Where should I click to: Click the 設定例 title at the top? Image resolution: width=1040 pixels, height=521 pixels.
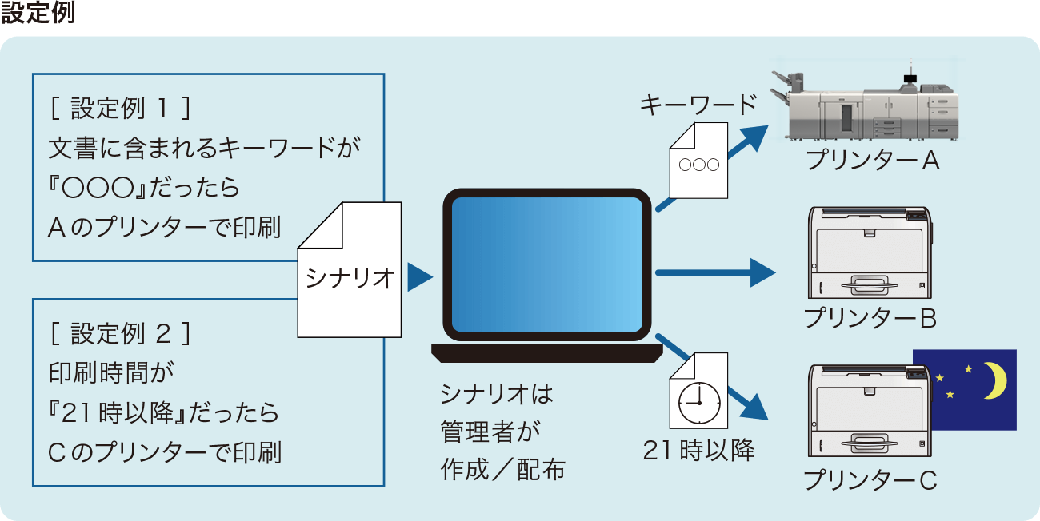[38, 14]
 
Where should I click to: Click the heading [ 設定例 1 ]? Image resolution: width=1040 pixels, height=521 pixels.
[121, 108]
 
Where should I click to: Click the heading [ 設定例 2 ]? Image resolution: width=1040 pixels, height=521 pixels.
[121, 334]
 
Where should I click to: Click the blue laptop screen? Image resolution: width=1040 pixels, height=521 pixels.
[547, 264]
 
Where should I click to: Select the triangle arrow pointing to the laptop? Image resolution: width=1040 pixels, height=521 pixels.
[418, 278]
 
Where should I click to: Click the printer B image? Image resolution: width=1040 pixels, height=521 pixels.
[870, 253]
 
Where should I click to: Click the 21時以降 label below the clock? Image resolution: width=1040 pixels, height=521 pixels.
[698, 451]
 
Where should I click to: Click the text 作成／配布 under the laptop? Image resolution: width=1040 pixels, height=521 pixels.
[502, 470]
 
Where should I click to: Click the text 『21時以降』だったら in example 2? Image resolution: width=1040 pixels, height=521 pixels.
[164, 413]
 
